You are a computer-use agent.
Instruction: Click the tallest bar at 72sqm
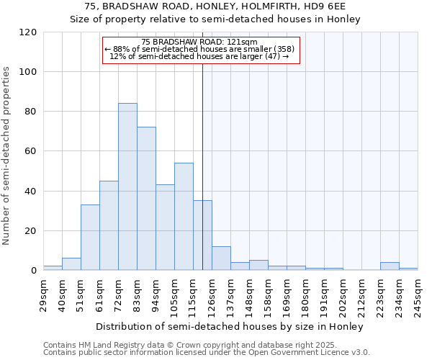click(x=127, y=186)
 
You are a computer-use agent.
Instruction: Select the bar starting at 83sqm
click(x=146, y=198)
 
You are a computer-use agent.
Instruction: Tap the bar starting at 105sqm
click(x=184, y=216)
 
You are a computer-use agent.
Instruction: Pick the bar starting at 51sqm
click(x=90, y=237)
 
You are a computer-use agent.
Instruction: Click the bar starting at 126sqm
click(x=221, y=258)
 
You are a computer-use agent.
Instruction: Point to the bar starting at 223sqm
click(x=390, y=266)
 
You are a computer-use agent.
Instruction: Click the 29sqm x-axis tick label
click(x=44, y=295)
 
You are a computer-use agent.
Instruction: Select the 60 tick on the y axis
click(x=31, y=151)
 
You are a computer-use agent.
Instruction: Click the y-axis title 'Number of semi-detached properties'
click(x=7, y=156)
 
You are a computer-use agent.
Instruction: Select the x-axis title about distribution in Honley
click(x=229, y=326)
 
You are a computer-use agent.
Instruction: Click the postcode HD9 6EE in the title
click(x=317, y=6)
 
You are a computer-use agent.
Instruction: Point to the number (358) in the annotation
click(x=284, y=49)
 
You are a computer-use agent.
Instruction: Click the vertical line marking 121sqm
click(x=202, y=166)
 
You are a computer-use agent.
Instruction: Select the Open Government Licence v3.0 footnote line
click(x=207, y=353)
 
